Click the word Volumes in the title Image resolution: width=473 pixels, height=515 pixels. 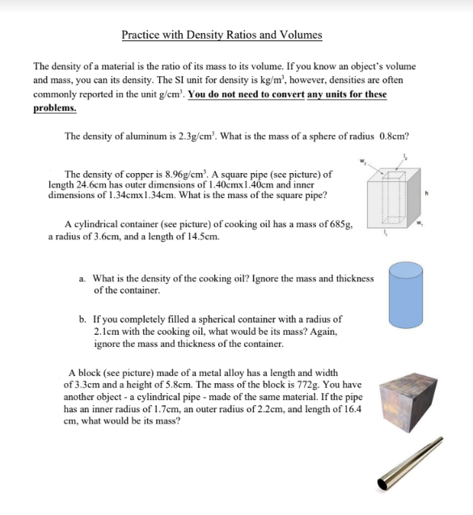coord(300,35)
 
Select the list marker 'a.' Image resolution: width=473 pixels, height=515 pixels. coord(83,278)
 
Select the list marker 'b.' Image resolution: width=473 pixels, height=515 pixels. coord(83,319)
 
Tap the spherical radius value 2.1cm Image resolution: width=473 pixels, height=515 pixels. coord(110,331)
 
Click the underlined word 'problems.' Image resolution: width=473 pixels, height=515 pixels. coord(55,108)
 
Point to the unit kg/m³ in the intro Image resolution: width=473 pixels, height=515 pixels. coord(234,81)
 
